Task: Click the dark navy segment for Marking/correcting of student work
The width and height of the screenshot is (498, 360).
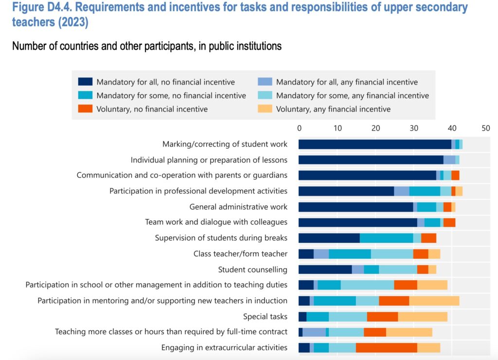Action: [x=374, y=144]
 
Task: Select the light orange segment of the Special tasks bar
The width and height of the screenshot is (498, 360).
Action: [x=423, y=317]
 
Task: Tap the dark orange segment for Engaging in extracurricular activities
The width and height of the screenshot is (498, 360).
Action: [x=386, y=348]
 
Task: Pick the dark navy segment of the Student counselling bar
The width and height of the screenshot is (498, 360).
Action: [x=325, y=270]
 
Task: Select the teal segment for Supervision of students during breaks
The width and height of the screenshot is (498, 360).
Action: [x=386, y=238]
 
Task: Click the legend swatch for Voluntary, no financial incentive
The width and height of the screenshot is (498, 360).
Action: [x=85, y=109]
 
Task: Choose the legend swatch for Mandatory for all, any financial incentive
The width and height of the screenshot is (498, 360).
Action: [x=265, y=82]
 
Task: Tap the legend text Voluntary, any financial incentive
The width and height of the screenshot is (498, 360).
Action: [x=333, y=109]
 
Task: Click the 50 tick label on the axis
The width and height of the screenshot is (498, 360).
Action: [x=485, y=128]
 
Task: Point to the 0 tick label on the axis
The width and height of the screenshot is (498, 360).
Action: [x=300, y=128]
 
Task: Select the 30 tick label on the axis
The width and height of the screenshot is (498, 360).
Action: [x=413, y=128]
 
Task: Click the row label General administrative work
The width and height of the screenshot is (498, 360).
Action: [x=238, y=207]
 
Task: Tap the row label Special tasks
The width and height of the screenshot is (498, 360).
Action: [x=265, y=317]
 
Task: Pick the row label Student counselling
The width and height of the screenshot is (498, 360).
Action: [x=252, y=270]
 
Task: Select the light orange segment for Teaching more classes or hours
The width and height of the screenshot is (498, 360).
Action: [x=409, y=332]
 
